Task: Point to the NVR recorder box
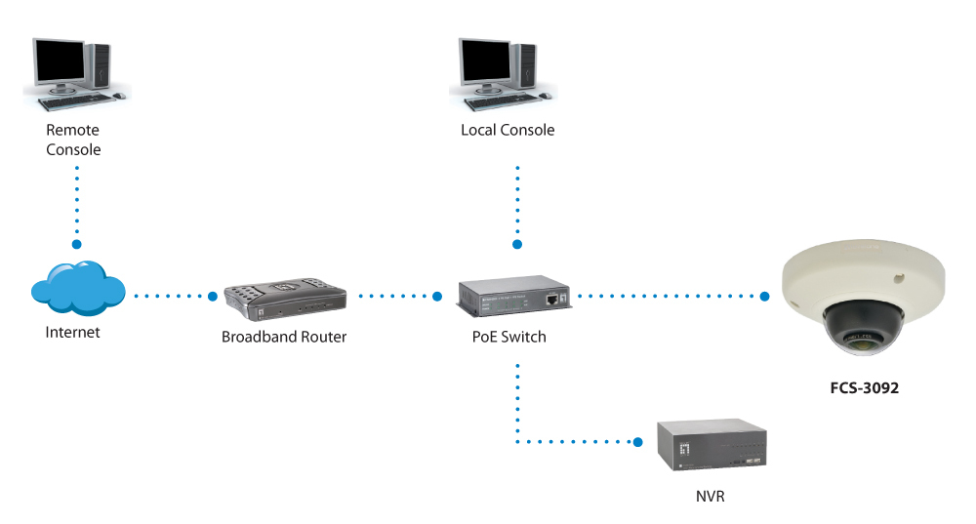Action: point(713,446)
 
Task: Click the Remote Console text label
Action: point(73,140)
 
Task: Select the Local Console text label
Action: point(508,130)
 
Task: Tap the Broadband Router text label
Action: point(284,337)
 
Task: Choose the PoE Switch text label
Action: point(508,337)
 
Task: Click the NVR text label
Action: point(712,497)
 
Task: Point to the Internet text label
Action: point(73,332)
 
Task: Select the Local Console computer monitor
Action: point(486,63)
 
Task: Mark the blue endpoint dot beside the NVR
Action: point(638,442)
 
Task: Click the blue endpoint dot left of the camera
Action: point(764,295)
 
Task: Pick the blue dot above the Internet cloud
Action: point(77,243)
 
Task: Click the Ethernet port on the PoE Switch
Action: point(553,296)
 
